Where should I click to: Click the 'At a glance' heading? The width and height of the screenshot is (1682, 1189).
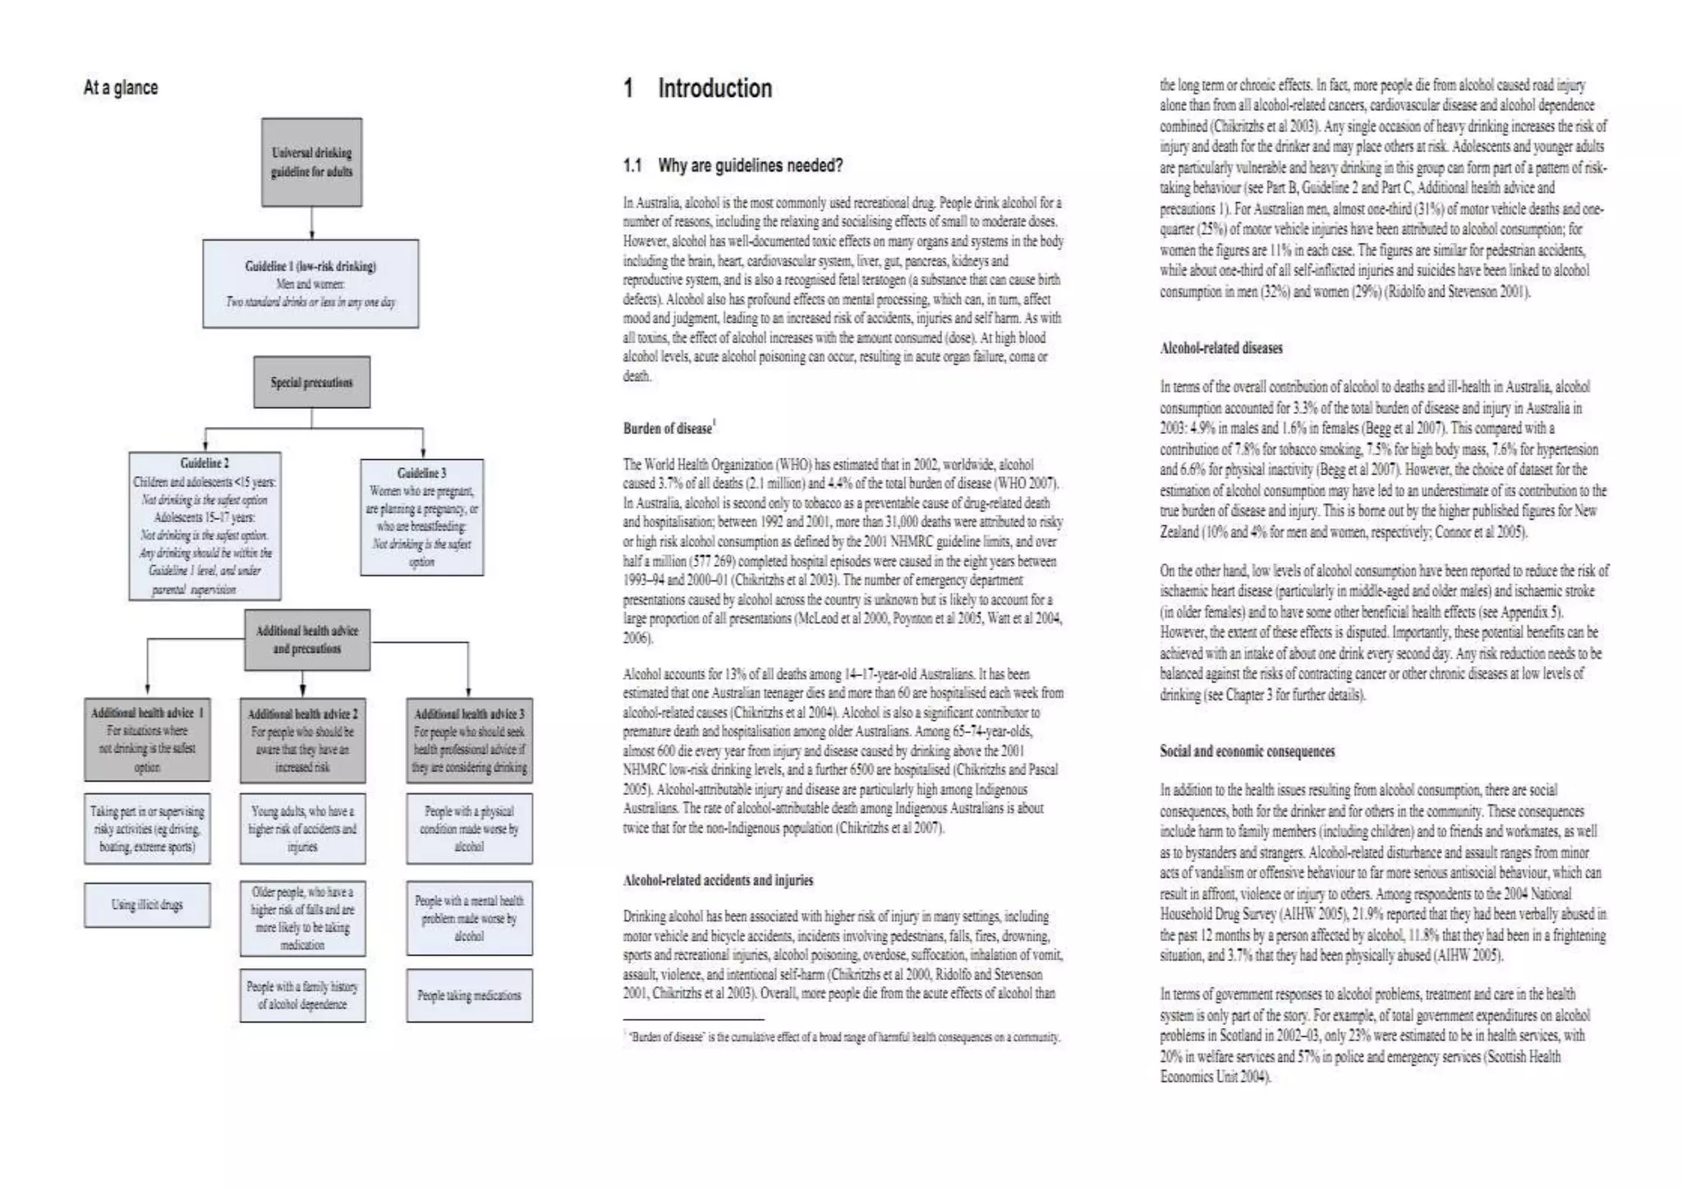[x=121, y=88]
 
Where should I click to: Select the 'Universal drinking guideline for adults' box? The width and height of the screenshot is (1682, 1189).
[x=311, y=162]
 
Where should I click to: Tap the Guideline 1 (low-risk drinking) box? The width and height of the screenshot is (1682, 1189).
[x=310, y=284]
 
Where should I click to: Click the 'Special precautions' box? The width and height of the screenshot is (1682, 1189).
[x=311, y=382]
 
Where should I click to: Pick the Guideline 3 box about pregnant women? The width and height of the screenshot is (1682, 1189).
[x=421, y=517]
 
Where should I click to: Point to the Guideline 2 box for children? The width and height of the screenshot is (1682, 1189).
[x=205, y=526]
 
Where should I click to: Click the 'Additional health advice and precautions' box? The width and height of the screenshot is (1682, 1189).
[x=307, y=640]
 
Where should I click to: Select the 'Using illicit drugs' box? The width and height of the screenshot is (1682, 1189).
[x=147, y=905]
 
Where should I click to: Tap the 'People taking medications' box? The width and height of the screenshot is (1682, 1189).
[x=469, y=995]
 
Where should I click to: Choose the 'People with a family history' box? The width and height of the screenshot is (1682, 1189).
[x=302, y=995]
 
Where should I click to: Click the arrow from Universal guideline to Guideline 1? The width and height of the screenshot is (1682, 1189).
[x=311, y=223]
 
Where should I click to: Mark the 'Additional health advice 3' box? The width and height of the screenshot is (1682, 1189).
[x=469, y=740]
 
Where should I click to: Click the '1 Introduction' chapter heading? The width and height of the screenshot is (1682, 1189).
[x=697, y=89]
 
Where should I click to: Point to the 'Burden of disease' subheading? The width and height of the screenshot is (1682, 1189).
[x=668, y=429]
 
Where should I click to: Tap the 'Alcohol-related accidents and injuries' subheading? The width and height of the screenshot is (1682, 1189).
[x=717, y=880]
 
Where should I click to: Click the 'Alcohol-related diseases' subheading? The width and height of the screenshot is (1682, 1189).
[x=1220, y=348]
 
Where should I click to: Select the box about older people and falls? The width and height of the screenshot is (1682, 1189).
[x=302, y=918]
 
